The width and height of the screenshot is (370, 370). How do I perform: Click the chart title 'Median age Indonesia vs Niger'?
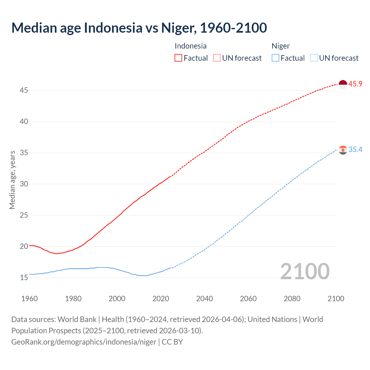tap(139, 28)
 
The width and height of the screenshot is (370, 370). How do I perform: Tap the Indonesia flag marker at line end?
tap(343, 84)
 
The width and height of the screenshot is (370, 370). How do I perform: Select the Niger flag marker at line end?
tap(343, 150)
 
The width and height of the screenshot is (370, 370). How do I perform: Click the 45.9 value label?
tap(355, 84)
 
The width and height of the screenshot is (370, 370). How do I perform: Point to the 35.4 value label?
tap(355, 149)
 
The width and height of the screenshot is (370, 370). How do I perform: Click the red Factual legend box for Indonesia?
tap(178, 58)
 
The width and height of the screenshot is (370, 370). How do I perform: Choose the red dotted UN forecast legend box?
tap(217, 58)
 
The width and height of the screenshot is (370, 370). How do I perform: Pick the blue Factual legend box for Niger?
tap(275, 58)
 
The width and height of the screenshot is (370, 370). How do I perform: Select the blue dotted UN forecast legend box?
tap(314, 58)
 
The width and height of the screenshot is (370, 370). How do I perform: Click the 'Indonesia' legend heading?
tap(190, 46)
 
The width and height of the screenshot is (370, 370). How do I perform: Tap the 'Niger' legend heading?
tap(280, 46)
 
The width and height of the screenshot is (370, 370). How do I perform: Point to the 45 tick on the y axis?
tap(24, 90)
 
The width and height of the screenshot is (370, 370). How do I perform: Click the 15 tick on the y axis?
tap(24, 278)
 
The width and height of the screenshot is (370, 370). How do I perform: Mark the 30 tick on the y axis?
tap(24, 184)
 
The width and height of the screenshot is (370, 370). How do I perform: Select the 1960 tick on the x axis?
tap(29, 299)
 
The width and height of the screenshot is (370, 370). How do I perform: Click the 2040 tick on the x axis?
tap(204, 299)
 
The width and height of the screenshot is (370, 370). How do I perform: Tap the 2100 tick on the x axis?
tap(336, 299)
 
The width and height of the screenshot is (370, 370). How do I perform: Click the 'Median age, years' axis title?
tap(12, 180)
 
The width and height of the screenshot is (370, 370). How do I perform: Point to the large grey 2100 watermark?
tap(305, 271)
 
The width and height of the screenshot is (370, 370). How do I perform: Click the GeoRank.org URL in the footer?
tap(84, 342)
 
